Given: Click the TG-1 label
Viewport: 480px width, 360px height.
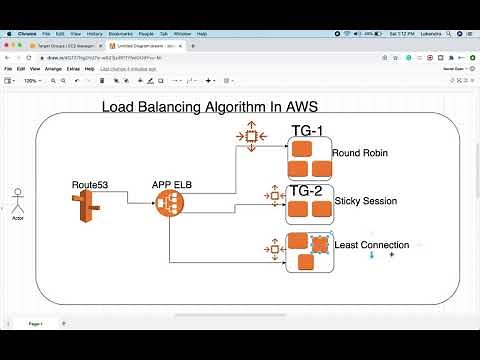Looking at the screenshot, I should click(x=307, y=131).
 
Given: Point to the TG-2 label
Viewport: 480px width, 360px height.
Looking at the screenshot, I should click(x=306, y=190).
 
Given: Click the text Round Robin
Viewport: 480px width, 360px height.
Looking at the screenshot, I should click(x=361, y=154).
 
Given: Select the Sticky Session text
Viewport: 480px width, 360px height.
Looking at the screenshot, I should click(x=365, y=201).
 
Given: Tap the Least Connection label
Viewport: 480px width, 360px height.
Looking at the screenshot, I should click(x=379, y=244).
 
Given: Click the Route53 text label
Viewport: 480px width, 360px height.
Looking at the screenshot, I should click(x=89, y=185).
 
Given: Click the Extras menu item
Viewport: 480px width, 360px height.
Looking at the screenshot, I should click(x=74, y=69).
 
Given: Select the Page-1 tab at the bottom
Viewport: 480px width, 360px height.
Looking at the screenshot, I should click(x=35, y=325).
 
